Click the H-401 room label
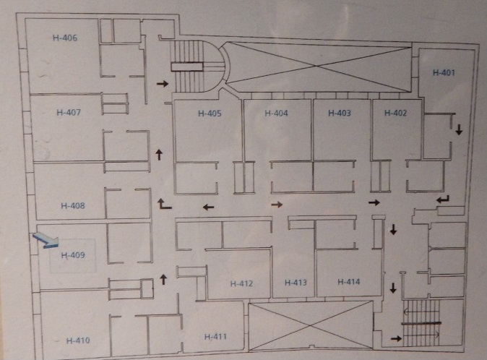tap(444, 72)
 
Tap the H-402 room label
tap(395, 113)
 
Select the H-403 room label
tap(339, 113)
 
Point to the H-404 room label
tap(276, 113)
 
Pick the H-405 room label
tap(209, 113)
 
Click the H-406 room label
tap(65, 38)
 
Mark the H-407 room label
tap(68, 113)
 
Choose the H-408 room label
tap(73, 206)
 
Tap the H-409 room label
tap(73, 255)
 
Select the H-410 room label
tap(77, 340)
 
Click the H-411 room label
tap(215, 336)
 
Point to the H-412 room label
tap(241, 283)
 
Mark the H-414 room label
tap(348, 281)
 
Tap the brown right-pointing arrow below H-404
tap(276, 205)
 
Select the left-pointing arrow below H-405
tap(208, 207)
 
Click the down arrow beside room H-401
tap(458, 129)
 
